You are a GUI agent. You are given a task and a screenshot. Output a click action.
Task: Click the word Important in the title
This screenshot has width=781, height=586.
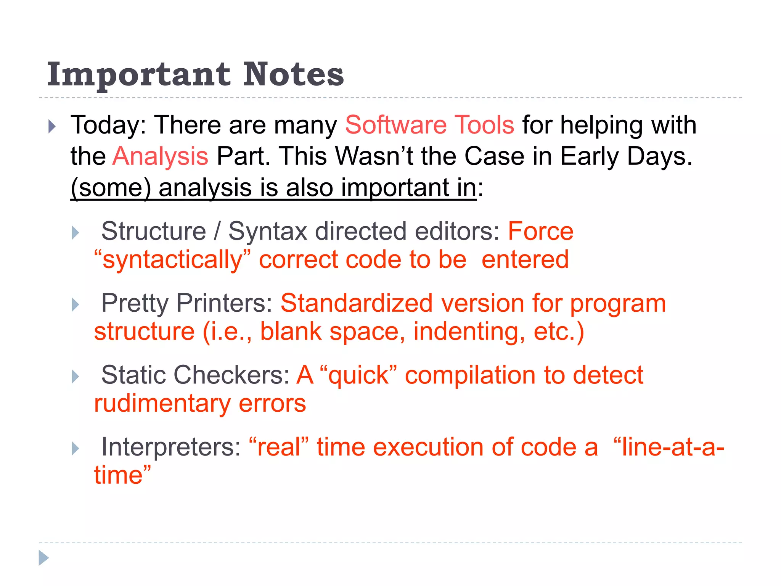coord(139,75)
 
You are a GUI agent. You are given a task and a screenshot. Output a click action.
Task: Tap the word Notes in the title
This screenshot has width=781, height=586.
coord(293,74)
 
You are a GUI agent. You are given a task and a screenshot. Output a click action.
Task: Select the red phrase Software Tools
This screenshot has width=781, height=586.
coord(429,125)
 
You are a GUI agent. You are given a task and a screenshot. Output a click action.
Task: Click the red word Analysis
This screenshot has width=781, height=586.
coord(160,156)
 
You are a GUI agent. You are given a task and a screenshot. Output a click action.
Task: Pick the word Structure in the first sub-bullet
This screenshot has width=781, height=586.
coord(154,231)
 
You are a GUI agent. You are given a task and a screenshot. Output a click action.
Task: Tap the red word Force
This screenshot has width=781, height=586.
coord(540,231)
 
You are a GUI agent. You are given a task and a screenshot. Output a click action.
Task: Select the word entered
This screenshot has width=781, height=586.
coord(525,259)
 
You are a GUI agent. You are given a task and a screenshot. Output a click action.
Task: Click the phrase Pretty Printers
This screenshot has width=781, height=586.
coord(186,303)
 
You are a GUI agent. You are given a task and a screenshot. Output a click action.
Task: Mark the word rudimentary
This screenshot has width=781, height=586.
coord(162,403)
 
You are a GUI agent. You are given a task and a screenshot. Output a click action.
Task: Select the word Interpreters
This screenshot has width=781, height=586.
coord(171,447)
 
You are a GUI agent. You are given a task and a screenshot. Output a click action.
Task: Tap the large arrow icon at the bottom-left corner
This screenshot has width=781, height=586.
coord(44,558)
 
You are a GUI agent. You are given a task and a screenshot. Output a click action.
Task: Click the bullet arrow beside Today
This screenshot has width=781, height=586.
coord(52,127)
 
